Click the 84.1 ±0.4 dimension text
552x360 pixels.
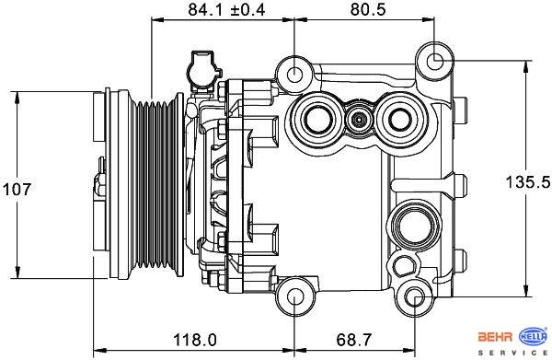[x=226, y=10]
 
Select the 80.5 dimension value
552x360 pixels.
[x=368, y=10]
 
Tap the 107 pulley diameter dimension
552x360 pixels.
[x=17, y=189]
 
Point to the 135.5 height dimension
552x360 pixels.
[x=528, y=181]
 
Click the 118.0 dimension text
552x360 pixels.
[x=195, y=340]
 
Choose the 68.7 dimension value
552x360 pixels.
[x=354, y=340]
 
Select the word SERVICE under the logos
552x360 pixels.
[x=512, y=353]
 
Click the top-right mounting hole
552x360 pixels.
[x=435, y=61]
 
